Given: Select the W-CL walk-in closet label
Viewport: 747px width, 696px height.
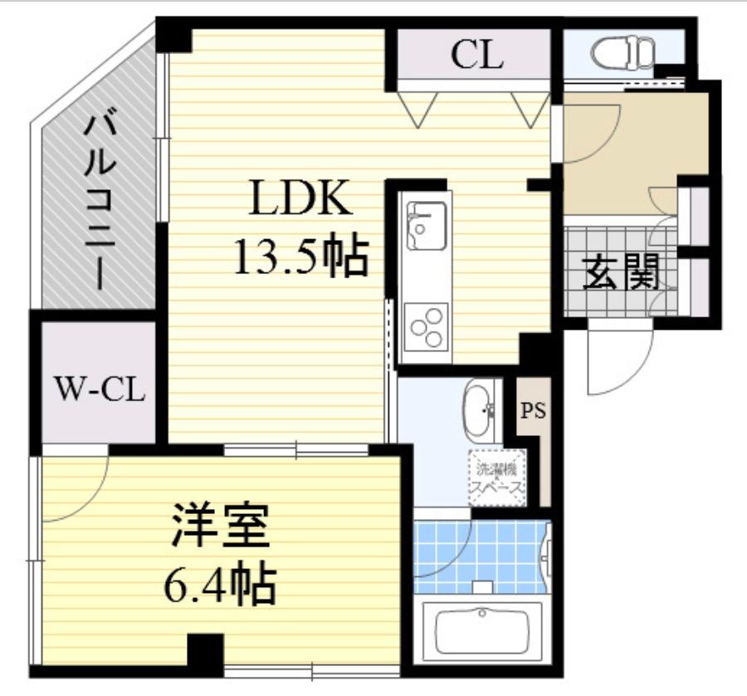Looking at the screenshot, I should pos(100,389).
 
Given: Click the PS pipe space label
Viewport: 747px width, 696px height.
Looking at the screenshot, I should pos(533,410).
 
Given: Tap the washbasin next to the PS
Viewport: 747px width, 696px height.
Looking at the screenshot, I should pos(477,410).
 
